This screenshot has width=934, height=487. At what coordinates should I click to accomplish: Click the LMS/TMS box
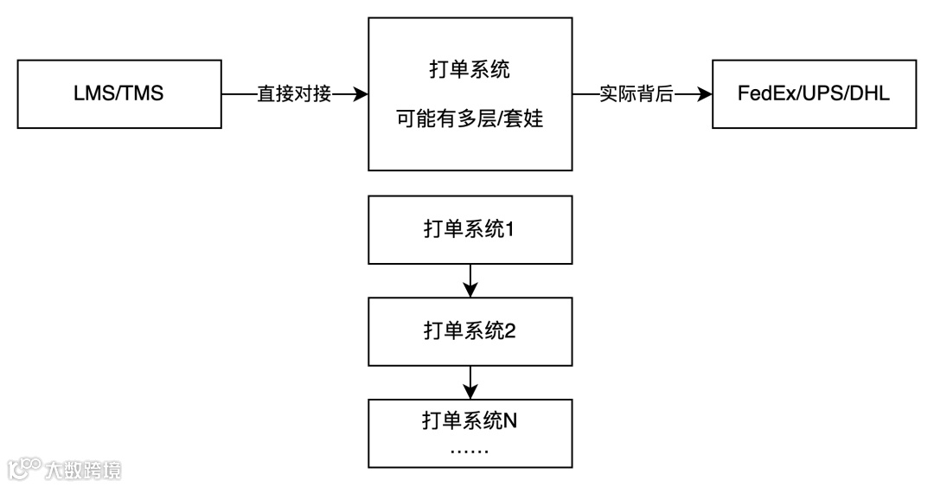pos(118,93)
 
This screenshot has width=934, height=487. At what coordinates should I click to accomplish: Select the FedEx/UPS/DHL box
pos(814,93)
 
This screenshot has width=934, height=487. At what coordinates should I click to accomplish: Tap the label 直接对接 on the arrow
pos(294,93)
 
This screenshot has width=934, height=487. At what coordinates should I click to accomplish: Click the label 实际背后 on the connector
pos(636,93)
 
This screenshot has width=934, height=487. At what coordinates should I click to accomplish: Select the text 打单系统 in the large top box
pos(470,70)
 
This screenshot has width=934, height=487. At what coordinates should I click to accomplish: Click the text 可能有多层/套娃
pos(470,118)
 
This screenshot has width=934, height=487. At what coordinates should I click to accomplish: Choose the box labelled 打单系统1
pos(470,229)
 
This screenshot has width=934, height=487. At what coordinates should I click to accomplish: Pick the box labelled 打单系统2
pos(470,331)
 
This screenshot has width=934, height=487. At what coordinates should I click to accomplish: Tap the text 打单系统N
pos(470,421)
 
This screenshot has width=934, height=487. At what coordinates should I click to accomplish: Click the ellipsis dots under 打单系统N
pos(470,452)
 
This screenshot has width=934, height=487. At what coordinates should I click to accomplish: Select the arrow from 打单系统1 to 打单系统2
pos(470,280)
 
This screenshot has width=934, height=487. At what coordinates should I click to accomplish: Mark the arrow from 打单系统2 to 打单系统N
pos(470,381)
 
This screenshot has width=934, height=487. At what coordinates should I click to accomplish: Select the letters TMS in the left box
pos(143,93)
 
